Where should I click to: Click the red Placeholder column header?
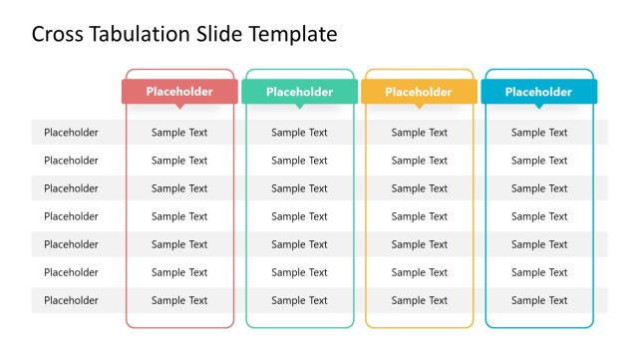pyautogui.click(x=179, y=92)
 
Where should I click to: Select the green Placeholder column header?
pyautogui.click(x=299, y=92)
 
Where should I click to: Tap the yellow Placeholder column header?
pyautogui.click(x=419, y=92)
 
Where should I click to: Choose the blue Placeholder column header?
pyautogui.click(x=538, y=92)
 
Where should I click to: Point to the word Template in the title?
pyautogui.click(x=291, y=35)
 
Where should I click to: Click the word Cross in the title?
pyautogui.click(x=56, y=35)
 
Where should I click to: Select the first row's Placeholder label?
pyautogui.click(x=71, y=133)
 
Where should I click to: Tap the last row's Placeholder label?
pyautogui.click(x=71, y=300)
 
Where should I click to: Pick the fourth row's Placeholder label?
pyautogui.click(x=71, y=216)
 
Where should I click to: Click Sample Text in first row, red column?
pyautogui.click(x=179, y=133)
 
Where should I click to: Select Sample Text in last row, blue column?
pyautogui.click(x=539, y=300)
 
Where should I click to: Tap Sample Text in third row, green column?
pyautogui.click(x=299, y=188)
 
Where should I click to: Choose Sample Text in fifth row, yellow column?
pyautogui.click(x=419, y=244)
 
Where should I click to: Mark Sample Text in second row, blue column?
pyautogui.click(x=539, y=161)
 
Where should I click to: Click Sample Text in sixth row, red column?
pyautogui.click(x=179, y=272)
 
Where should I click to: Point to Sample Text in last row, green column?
pyautogui.click(x=299, y=300)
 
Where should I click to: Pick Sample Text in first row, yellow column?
pyautogui.click(x=419, y=133)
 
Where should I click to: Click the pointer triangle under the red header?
pyautogui.click(x=179, y=106)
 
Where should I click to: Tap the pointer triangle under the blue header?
pyautogui.click(x=538, y=106)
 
